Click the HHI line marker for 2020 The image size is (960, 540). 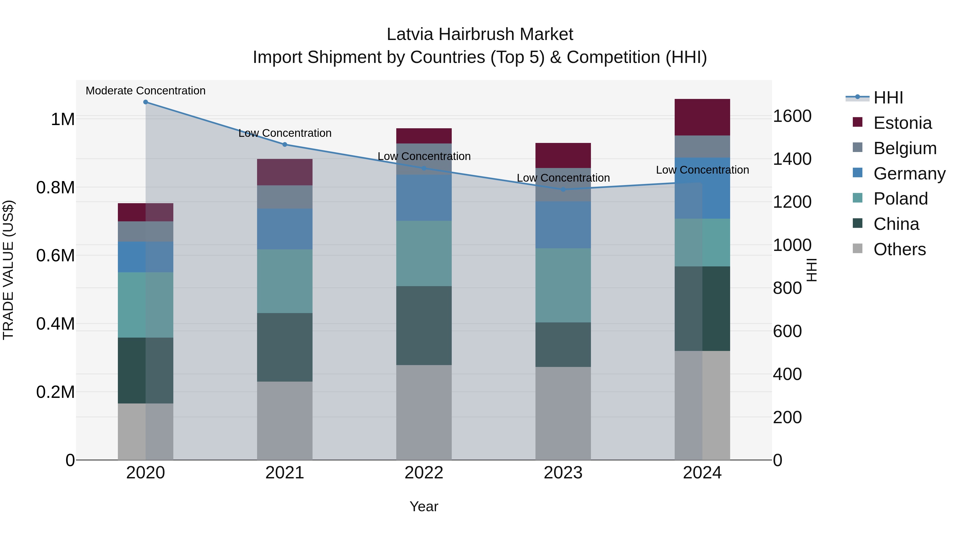click(146, 102)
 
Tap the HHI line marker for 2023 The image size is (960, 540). click(563, 189)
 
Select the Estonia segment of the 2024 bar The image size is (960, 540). click(702, 117)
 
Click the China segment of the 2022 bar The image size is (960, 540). click(424, 325)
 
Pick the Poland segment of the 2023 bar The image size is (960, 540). click(563, 285)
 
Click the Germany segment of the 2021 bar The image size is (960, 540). click(285, 229)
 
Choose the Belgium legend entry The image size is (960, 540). click(905, 148)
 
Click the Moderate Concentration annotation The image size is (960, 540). click(146, 91)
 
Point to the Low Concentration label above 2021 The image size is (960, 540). click(285, 133)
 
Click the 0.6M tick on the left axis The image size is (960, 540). click(55, 256)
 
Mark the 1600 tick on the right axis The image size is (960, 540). click(792, 116)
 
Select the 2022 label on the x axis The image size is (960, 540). click(424, 473)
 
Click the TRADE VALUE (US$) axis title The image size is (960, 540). click(8, 270)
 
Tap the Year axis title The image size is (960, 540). click(424, 506)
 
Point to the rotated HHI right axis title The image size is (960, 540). click(812, 270)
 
